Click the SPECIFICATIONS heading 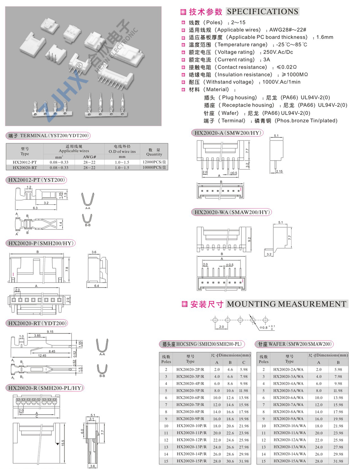coord(263,12)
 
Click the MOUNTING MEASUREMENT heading coord(286,304)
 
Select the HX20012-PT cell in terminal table coord(24,162)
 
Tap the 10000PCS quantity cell coord(154,168)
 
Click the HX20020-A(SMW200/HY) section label coord(228,133)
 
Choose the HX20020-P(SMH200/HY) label coord(41,243)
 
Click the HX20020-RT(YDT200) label coord(37,324)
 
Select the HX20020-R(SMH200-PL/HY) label coord(45,388)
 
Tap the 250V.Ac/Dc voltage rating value coord(278,52)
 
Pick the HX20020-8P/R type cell coord(190,412)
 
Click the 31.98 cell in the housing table coord(244,461)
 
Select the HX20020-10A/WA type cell coord(290,426)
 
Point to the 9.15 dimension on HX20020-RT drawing coord(50,331)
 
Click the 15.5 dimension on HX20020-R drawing coord(63,443)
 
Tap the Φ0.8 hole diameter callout coord(263,328)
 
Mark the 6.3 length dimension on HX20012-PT coord(35,208)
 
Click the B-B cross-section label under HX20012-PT coord(87,225)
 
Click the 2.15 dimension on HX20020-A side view coord(279,172)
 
